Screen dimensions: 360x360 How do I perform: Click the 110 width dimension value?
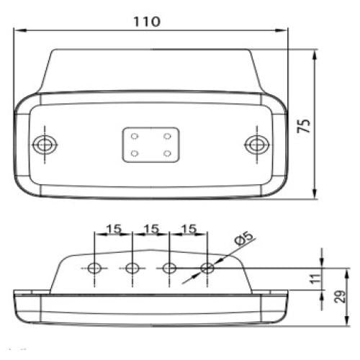pos(146,21)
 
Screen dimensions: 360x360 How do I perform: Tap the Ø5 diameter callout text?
pos(243,237)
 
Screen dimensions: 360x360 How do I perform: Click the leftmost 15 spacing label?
pos(113,228)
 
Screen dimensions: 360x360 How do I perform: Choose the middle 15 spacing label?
pos(150,228)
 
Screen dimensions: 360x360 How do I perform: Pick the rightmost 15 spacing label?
pos(188,228)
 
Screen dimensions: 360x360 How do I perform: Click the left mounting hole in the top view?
pos(46,145)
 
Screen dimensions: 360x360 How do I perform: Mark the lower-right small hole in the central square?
pos(167,153)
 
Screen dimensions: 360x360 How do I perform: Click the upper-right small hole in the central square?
pos(167,135)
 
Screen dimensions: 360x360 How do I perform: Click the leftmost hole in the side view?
pos(94,269)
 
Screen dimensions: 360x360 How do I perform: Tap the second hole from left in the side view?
pos(132,269)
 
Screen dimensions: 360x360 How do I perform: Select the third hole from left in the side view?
pos(169,269)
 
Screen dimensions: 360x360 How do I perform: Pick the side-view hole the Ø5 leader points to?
pos(207,269)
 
